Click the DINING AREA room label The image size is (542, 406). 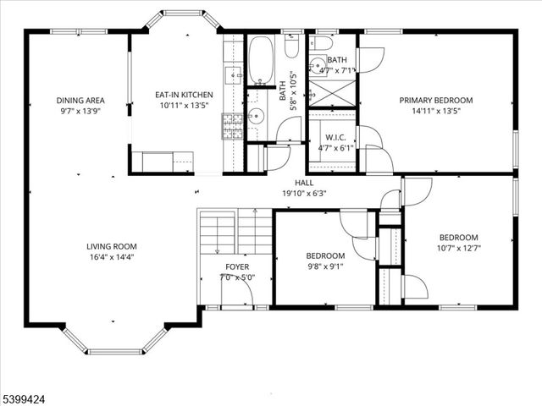tap(80, 100)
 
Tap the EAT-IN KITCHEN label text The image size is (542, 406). tap(184, 95)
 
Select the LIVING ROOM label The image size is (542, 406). tap(111, 247)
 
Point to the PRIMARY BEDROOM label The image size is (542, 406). tap(436, 100)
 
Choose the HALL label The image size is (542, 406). tap(304, 183)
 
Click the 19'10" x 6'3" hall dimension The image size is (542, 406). tap(304, 193)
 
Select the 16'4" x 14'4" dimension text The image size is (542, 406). tap(111, 257)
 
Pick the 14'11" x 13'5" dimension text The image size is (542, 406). tap(436, 110)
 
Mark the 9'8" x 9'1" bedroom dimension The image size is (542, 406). tap(325, 266)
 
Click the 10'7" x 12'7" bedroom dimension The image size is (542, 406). tap(458, 248)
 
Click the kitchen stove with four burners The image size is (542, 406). tap(233, 126)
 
